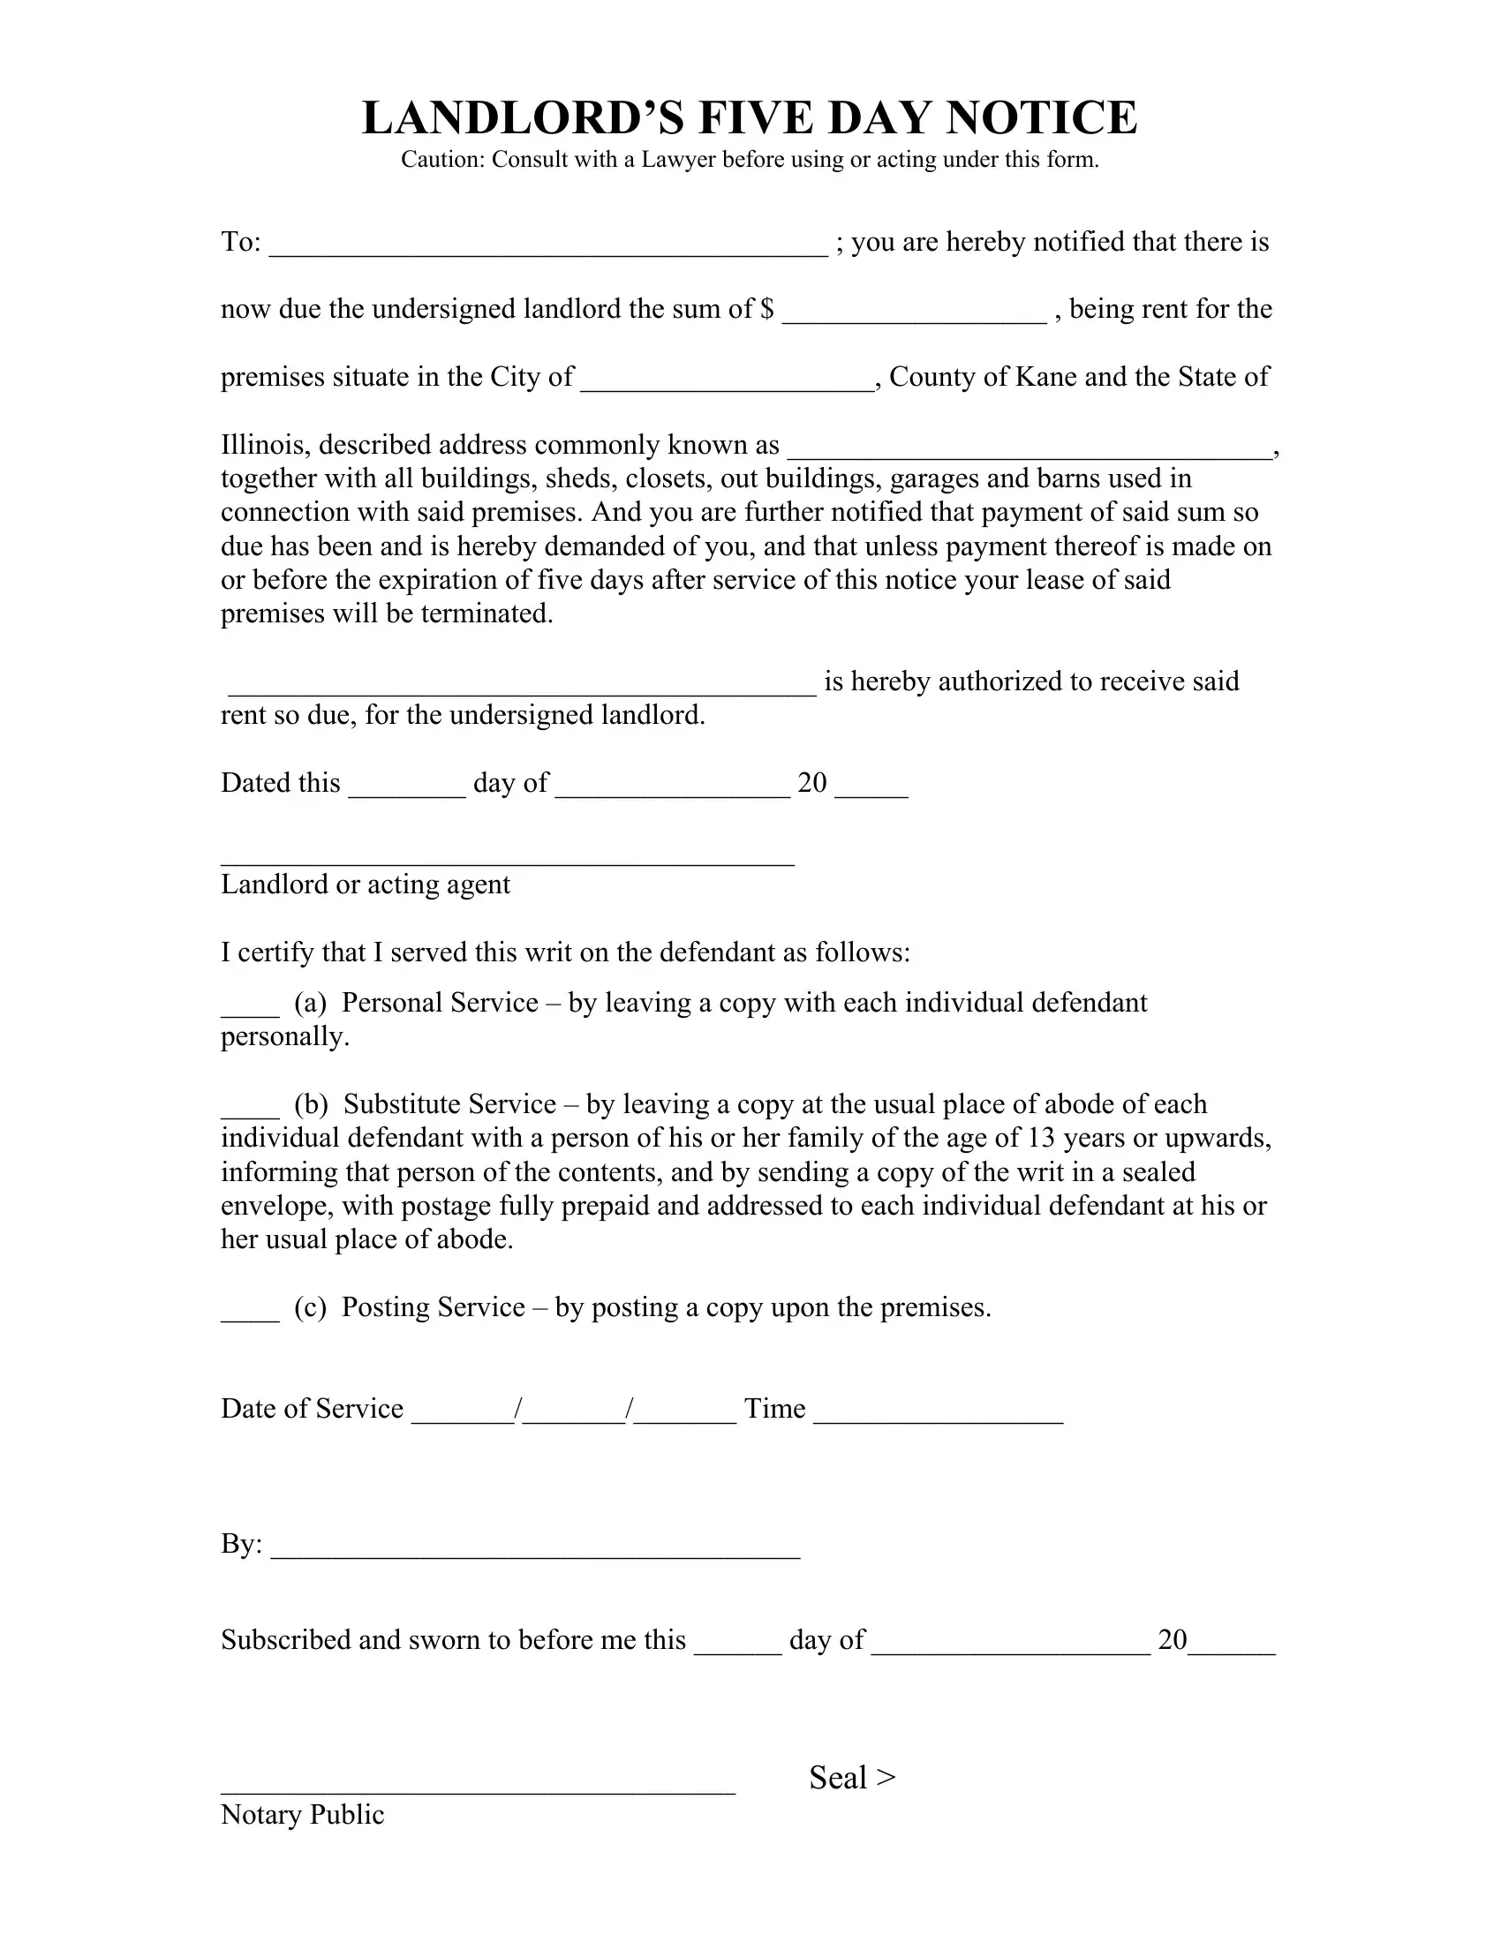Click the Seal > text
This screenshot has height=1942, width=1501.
(852, 1778)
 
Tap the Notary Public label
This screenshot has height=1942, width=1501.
(302, 1814)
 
